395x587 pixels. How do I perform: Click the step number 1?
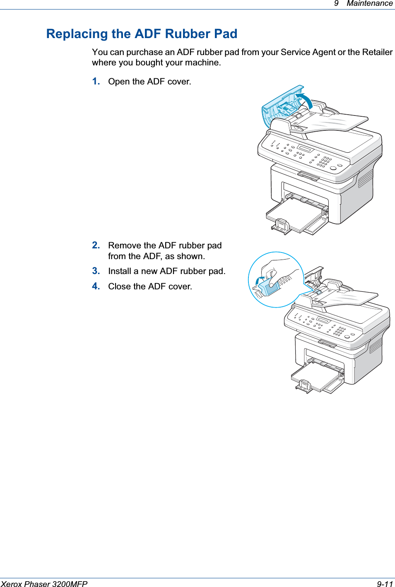click(96, 82)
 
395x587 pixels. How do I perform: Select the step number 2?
click(96, 245)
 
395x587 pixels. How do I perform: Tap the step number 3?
click(96, 271)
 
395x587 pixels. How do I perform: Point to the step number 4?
click(96, 286)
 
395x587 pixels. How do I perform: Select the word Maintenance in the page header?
click(369, 4)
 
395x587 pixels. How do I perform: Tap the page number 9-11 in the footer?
click(384, 584)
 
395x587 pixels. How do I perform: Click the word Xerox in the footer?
click(11, 584)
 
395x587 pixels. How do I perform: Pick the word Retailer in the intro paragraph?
click(377, 53)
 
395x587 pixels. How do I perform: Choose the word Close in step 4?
click(120, 286)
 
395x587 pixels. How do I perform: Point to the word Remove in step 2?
click(124, 245)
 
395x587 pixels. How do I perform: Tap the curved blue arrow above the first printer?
click(306, 101)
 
